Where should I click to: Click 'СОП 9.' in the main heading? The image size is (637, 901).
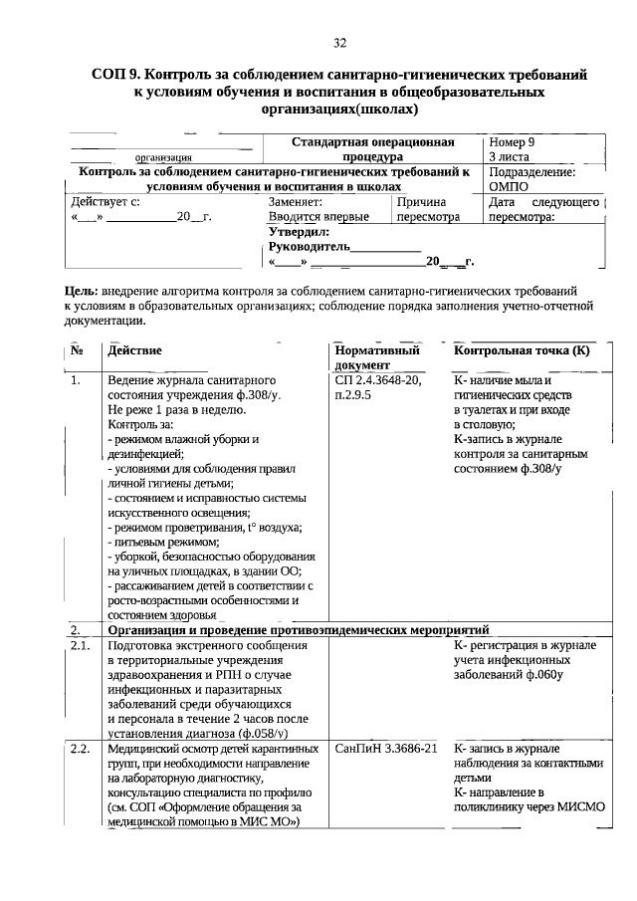118,74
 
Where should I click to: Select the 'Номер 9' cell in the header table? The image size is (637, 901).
512,142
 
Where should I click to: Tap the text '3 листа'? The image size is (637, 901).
510,157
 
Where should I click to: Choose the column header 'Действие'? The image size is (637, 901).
135,351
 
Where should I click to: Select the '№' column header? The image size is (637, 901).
77,351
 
